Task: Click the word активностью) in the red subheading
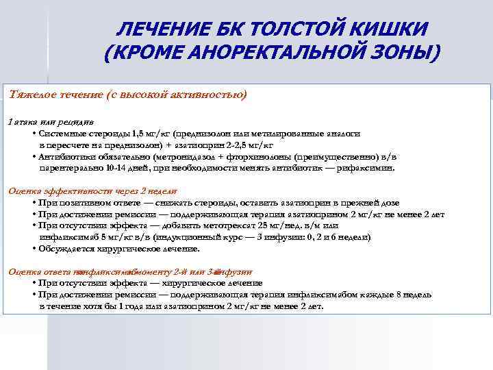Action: click(x=210, y=93)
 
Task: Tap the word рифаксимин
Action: click(x=368, y=167)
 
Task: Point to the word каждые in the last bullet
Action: click(x=388, y=295)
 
